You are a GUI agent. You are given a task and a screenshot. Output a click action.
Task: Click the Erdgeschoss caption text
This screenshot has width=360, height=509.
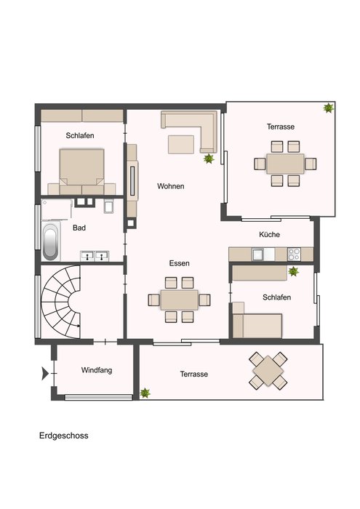click(x=63, y=436)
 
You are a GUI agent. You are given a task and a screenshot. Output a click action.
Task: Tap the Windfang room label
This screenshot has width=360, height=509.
click(x=97, y=370)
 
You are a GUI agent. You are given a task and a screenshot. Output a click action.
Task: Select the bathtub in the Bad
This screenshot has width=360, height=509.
click(x=51, y=241)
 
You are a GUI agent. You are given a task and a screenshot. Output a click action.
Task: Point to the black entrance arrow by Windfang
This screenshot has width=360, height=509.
click(x=45, y=373)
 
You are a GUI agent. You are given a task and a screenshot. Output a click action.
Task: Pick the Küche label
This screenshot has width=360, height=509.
click(x=269, y=234)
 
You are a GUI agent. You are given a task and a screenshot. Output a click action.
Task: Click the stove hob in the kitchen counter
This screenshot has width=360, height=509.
click(x=294, y=254)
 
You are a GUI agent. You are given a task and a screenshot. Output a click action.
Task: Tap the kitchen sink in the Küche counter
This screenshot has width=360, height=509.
click(x=259, y=254)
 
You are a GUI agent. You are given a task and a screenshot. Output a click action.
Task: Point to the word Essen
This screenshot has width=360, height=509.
click(x=179, y=263)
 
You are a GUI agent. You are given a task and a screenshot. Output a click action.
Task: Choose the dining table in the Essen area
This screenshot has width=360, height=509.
click(x=179, y=300)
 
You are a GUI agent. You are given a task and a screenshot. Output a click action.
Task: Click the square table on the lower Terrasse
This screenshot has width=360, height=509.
click(x=268, y=370)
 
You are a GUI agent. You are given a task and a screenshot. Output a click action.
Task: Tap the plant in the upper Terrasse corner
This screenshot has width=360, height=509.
click(x=329, y=108)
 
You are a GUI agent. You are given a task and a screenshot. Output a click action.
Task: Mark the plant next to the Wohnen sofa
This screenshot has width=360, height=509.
click(x=209, y=159)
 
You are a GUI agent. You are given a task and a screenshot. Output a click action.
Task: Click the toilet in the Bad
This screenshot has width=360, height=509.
click(x=109, y=206)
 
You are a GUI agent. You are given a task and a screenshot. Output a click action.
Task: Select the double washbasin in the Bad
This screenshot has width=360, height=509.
click(x=95, y=256)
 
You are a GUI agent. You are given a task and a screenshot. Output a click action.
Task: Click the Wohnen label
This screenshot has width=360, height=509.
click(x=171, y=186)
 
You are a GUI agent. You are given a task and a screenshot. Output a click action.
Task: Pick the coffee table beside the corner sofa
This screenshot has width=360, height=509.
click(x=181, y=144)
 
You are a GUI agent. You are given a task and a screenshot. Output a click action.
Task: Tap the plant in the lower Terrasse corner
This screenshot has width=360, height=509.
click(x=145, y=393)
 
